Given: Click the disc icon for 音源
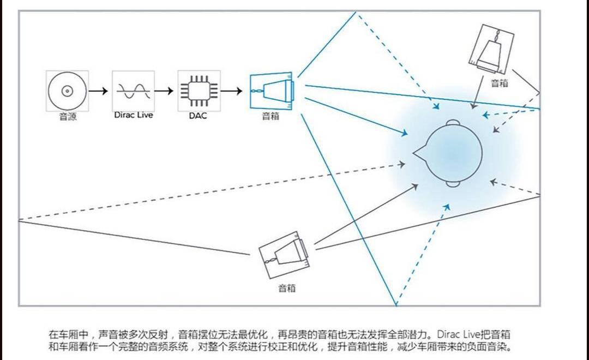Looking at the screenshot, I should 67,91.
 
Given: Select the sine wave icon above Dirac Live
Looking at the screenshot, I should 133,91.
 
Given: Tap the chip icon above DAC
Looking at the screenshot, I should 199,91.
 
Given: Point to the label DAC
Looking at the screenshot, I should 198,116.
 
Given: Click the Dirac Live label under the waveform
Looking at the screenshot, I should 134,115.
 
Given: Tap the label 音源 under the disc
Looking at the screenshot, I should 68,116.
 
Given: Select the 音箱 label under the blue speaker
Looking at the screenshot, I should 271,116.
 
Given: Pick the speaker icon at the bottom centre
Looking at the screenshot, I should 285,254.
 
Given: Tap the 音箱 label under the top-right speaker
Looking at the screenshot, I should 500,83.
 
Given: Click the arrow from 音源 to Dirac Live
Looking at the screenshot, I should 98,91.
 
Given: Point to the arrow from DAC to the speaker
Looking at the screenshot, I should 231,91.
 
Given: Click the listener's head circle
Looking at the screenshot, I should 454,153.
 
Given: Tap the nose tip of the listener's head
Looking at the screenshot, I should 414,153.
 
